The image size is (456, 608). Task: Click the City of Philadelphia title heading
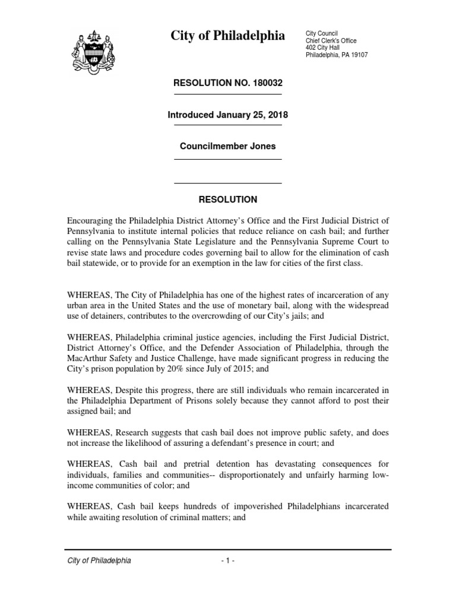(227, 36)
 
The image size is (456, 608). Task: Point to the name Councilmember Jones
(227, 146)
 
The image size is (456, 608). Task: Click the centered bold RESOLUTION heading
(227, 199)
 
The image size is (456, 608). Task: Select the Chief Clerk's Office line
(331, 40)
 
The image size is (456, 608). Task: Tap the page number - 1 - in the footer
(227, 560)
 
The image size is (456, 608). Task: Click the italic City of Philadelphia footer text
(99, 560)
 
